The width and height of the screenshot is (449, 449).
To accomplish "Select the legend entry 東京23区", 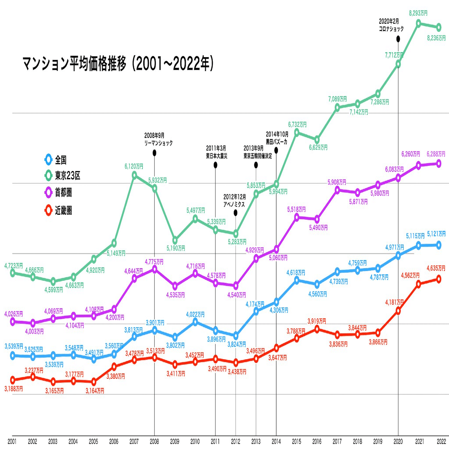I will [68, 176].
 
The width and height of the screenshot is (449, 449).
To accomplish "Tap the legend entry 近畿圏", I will [64, 211].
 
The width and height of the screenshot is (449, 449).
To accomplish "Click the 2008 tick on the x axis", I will [154, 441].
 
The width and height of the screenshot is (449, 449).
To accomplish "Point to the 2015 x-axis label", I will [297, 441].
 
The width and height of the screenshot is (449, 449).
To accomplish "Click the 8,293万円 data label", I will [418, 13].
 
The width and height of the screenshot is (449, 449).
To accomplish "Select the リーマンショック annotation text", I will [159, 143].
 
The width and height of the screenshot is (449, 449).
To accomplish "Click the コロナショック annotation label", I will [391, 29].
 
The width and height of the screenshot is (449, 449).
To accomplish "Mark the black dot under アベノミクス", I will [236, 213].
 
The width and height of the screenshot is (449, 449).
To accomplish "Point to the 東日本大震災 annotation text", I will [216, 156].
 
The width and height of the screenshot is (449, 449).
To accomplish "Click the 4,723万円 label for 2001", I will [13, 266].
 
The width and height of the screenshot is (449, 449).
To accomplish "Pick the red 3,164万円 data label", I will [95, 391].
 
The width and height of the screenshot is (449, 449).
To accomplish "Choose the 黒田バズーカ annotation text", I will [277, 142].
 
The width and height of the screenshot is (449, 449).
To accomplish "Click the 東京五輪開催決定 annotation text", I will [258, 156].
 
